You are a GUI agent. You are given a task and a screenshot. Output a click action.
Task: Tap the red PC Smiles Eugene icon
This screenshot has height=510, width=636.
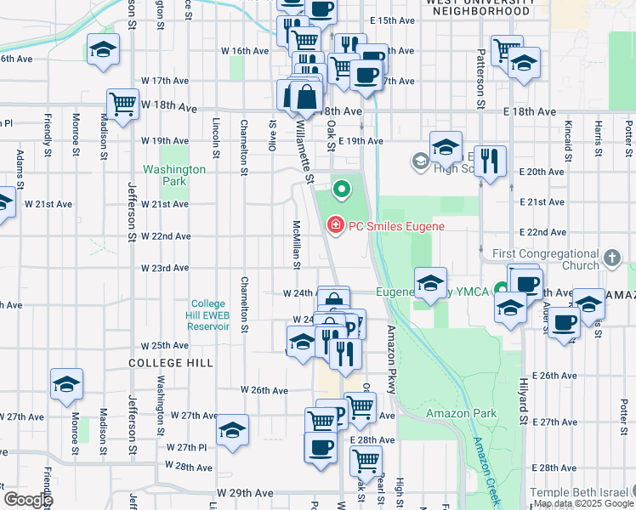336,225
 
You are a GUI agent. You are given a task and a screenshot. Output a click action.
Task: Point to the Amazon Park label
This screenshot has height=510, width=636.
461,413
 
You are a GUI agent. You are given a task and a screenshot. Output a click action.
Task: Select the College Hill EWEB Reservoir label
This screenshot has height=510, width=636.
208,314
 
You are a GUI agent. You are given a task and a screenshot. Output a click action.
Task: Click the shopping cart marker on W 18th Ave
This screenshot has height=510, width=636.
123,104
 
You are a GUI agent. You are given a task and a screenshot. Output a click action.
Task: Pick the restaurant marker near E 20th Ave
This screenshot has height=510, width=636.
489,160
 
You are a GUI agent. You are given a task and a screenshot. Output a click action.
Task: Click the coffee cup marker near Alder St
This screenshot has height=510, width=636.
564,323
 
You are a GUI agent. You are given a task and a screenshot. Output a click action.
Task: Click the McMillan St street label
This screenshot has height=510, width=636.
297,245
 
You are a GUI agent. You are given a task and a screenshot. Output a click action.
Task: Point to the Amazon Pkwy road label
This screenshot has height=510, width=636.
392,357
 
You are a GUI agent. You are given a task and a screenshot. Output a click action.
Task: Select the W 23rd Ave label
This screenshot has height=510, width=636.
165,268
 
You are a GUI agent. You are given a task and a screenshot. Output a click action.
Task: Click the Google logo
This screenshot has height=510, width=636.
28,500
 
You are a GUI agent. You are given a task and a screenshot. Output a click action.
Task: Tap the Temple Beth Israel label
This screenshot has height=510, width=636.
579,493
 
